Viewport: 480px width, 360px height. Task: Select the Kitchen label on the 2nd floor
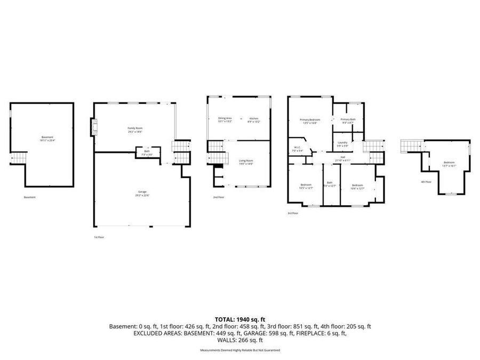[254, 119]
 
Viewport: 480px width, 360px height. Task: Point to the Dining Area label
[225, 119]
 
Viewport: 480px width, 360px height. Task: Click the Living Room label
[246, 162]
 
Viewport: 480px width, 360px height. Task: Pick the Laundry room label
[343, 143]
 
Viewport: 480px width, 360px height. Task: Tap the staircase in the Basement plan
[19, 158]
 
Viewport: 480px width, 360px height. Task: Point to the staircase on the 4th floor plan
[412, 145]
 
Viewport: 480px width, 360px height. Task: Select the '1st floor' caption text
[100, 237]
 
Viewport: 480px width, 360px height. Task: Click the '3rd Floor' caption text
[293, 213]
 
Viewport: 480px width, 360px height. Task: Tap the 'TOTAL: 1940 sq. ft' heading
[240, 318]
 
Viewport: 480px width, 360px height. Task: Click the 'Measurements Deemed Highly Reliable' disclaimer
[240, 350]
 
